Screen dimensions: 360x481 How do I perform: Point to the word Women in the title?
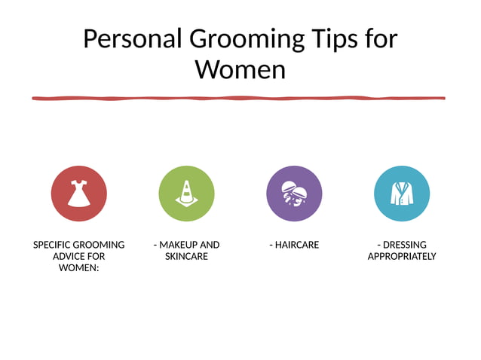point(240,70)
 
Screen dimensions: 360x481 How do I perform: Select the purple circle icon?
point(294,194)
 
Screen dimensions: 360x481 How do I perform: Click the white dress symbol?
point(78,193)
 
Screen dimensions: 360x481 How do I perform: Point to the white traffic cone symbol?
point(185,193)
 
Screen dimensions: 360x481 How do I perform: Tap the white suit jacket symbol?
point(402,194)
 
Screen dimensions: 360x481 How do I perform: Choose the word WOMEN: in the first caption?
point(79,268)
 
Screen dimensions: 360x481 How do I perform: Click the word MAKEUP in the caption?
point(179,245)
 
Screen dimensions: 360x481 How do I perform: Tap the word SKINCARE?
point(186,257)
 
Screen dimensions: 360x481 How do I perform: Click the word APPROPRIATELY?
point(402,257)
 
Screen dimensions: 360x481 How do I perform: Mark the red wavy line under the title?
point(238,98)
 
